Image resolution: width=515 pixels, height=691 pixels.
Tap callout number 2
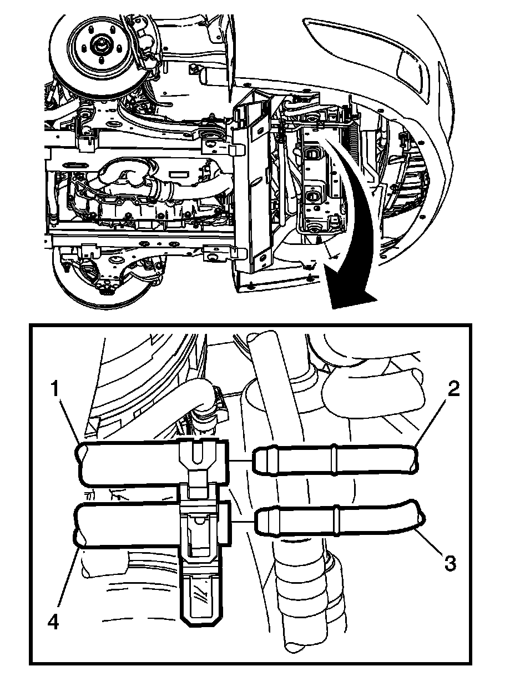[453, 390]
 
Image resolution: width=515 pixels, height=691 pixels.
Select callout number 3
[449, 563]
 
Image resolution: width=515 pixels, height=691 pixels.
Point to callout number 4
[53, 623]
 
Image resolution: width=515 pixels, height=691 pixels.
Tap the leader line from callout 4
[64, 578]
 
